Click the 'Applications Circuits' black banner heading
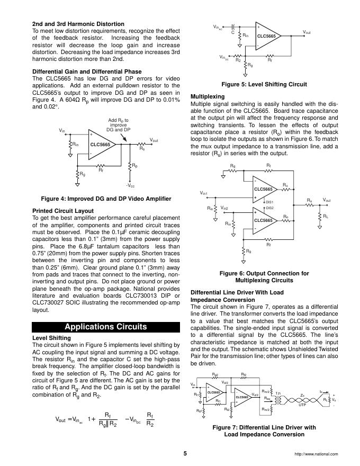click(x=105, y=326)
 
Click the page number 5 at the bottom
click(x=185, y=453)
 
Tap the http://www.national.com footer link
click(x=316, y=454)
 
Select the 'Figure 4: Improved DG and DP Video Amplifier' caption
click(x=106, y=199)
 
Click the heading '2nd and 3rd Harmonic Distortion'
click(x=78, y=24)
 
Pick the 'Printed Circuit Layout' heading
click(x=63, y=211)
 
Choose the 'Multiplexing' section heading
click(x=207, y=96)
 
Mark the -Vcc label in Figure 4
click(x=130, y=186)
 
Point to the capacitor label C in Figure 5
click(x=233, y=32)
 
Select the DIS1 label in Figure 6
click(x=269, y=202)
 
